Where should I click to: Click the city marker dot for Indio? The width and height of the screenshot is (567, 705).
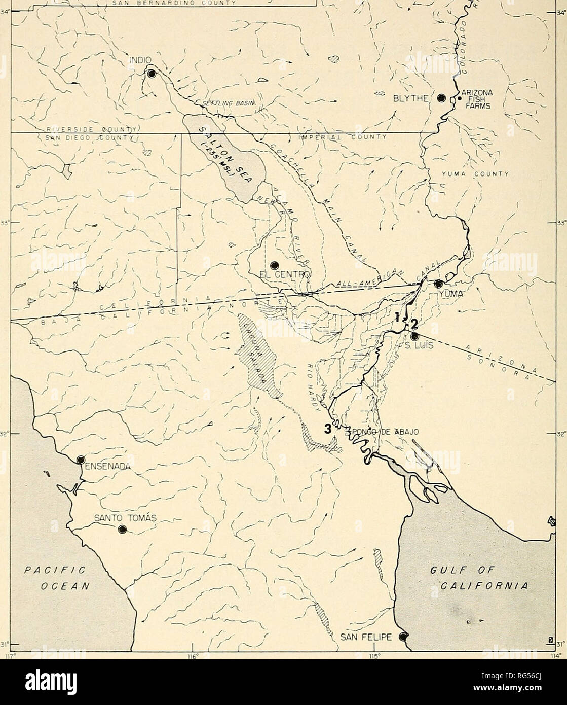[152, 74]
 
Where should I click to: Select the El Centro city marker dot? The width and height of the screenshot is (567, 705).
[275, 265]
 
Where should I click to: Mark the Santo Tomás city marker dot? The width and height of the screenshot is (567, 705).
[122, 530]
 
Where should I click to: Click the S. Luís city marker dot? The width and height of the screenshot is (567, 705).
[414, 336]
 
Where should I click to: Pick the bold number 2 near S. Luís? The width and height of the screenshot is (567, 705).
[414, 323]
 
